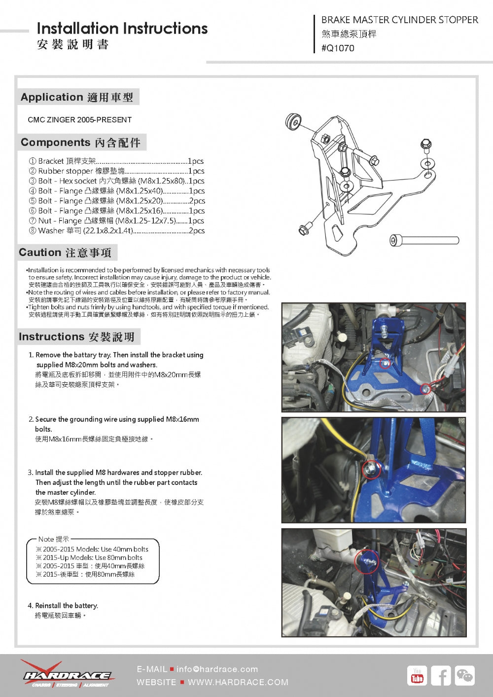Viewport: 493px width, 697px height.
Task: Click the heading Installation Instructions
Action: pyautogui.click(x=122, y=29)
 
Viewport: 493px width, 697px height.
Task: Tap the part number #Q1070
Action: pyautogui.click(x=338, y=48)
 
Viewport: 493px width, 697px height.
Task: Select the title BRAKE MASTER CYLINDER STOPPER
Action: pyautogui.click(x=399, y=20)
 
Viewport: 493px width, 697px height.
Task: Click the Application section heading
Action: pyautogui.click(x=77, y=97)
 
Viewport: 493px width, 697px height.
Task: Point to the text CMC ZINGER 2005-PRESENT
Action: pyautogui.click(x=80, y=120)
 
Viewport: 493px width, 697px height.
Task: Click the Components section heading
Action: pyautogui.click(x=81, y=143)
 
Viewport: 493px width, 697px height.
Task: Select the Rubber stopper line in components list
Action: pyautogui.click(x=116, y=171)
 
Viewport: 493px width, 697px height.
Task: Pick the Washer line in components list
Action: pyautogui.click(x=116, y=231)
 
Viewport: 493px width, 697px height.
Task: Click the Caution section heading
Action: pyautogui.click(x=65, y=253)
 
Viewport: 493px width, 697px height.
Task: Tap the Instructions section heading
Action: pyautogui.click(x=77, y=337)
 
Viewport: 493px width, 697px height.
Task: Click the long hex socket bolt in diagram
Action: pyautogui.click(x=424, y=240)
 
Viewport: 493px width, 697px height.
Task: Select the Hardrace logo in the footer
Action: pyautogui.click(x=67, y=674)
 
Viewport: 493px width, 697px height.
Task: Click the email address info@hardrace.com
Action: pyautogui.click(x=217, y=669)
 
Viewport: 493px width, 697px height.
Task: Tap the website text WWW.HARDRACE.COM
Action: pyautogui.click(x=238, y=682)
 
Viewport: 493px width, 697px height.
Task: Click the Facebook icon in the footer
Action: pyautogui.click(x=441, y=675)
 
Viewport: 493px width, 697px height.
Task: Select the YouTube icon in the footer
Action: pyautogui.click(x=417, y=675)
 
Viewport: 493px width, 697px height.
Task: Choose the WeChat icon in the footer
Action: pyautogui.click(x=464, y=675)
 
